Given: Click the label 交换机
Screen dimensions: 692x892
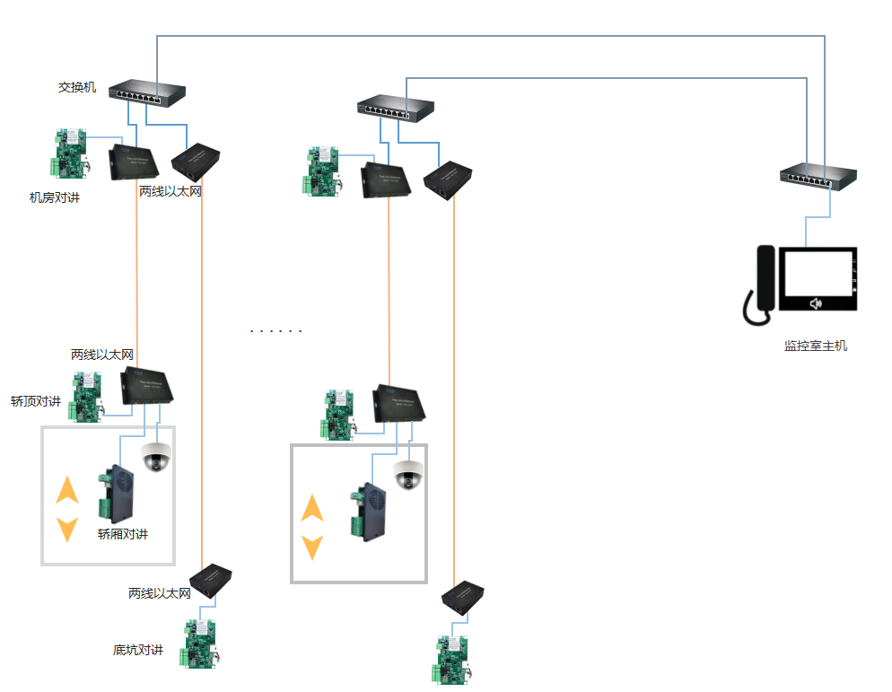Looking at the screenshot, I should [77, 87].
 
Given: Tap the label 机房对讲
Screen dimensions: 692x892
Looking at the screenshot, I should [55, 197].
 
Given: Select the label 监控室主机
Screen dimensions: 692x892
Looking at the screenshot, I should [815, 346].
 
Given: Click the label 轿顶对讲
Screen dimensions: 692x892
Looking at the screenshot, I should [36, 401].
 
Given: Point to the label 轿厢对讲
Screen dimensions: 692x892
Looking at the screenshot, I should [123, 535].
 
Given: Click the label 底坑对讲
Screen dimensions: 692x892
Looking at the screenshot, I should [138, 650].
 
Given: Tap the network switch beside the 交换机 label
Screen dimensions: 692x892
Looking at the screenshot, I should [147, 92].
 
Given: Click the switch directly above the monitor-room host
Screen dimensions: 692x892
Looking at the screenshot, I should [817, 177].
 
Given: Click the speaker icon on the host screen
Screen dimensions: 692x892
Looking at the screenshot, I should [816, 303].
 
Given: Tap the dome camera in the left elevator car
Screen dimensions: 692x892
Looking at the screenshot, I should [156, 458].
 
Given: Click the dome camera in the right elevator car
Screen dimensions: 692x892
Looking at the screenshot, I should [408, 476].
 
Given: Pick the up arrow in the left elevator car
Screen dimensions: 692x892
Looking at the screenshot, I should [67, 490].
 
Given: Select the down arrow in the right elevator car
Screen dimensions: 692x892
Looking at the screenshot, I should [311, 546].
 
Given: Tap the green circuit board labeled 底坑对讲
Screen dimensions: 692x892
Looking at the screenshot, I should [201, 644].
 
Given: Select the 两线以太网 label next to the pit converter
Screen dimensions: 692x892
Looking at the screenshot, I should [160, 593].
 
